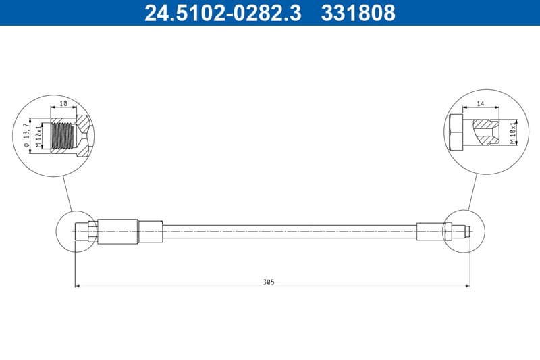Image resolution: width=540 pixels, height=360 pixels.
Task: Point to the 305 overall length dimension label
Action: (270, 281)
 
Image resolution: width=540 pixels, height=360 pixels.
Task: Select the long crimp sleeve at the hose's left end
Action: (118, 231)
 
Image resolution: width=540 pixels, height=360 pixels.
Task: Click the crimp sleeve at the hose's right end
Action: (431, 231)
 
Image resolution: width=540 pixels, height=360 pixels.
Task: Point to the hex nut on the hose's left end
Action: (92, 232)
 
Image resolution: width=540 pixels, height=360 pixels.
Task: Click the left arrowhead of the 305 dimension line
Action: (77, 286)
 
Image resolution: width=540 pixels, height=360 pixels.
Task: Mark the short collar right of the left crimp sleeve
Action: (151, 231)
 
